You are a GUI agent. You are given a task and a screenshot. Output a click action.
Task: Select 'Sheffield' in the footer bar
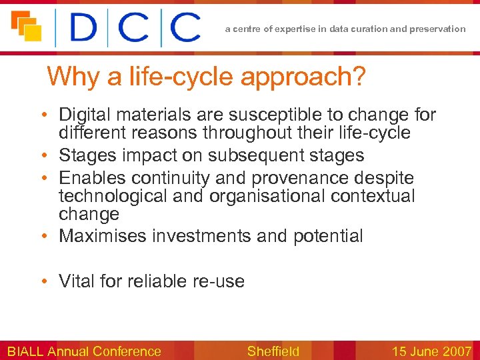[x=273, y=351]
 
